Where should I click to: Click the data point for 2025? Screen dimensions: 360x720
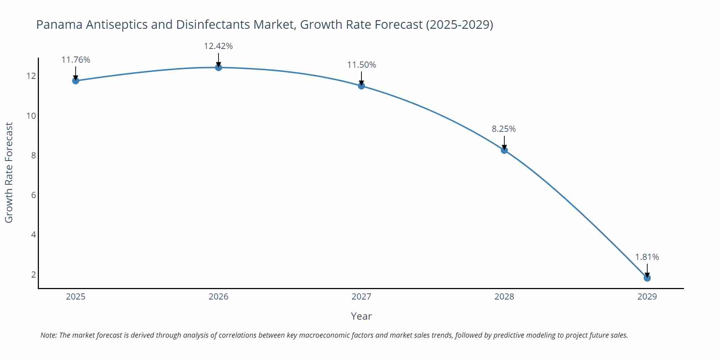76,81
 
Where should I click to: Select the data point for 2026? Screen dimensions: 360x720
219,67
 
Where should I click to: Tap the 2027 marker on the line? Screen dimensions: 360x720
361,86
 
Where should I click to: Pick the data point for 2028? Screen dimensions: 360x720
504,150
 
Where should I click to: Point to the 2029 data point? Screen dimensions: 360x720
647,278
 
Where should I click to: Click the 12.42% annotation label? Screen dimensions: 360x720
218,46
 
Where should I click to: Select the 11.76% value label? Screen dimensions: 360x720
76,60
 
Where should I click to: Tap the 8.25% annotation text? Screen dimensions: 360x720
504,129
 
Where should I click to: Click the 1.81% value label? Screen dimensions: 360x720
647,257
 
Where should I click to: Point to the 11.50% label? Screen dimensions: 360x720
361,65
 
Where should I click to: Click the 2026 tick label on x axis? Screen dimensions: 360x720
219,297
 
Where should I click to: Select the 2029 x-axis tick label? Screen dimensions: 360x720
647,297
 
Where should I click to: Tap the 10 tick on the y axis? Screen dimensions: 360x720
31,116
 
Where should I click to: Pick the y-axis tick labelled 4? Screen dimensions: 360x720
33,235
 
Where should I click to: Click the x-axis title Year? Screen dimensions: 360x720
361,316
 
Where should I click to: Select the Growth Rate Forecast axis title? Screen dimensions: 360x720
9,172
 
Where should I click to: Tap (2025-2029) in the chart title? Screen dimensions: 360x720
459,24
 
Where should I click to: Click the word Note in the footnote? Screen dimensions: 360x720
48,335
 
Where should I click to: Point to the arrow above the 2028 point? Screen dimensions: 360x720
504,143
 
